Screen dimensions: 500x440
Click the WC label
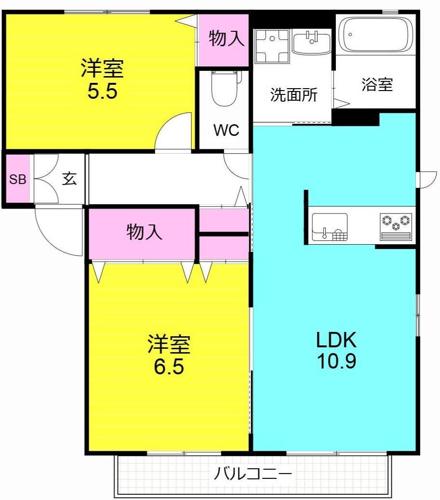pyautogui.click(x=227, y=131)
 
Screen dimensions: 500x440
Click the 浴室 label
pyautogui.click(x=377, y=85)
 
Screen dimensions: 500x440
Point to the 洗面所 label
pyautogui.click(x=293, y=94)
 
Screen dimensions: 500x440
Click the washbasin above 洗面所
pyautogui.click(x=312, y=42)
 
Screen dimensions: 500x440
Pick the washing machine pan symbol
pyautogui.click(x=272, y=46)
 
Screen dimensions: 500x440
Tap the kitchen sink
pyautogui.click(x=330, y=226)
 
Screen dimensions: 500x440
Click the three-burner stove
pyautogui.click(x=396, y=225)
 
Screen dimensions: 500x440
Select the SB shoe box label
pyautogui.click(x=18, y=180)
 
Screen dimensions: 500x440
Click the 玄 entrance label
pyautogui.click(x=69, y=179)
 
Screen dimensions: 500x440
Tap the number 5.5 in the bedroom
pyautogui.click(x=102, y=92)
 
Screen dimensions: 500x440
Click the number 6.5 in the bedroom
pyautogui.click(x=169, y=367)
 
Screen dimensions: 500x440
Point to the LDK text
pyautogui.click(x=336, y=341)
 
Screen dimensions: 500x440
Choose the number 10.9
pyautogui.click(x=336, y=361)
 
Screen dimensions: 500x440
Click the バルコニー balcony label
pyautogui.click(x=253, y=474)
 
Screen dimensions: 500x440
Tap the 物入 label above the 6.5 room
pyautogui.click(x=144, y=233)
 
